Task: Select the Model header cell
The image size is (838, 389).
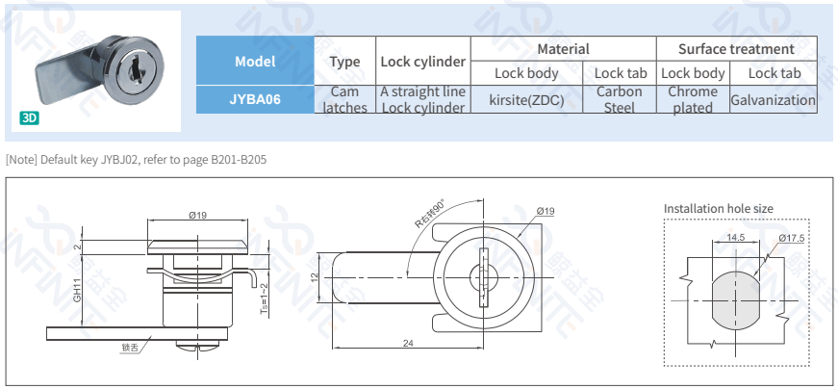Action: click(x=255, y=61)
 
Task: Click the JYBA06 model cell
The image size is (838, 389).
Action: click(x=255, y=98)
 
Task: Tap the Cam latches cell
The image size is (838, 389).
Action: click(x=344, y=99)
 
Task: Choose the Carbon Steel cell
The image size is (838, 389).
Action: click(x=619, y=99)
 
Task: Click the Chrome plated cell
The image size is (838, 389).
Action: click(x=693, y=99)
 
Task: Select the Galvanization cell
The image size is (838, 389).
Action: click(x=773, y=99)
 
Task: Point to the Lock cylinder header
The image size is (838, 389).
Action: click(x=422, y=61)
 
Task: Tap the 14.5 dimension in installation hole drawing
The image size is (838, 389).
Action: click(x=736, y=237)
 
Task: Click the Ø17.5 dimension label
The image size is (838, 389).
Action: click(x=790, y=238)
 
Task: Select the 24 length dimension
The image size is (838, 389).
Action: click(x=408, y=344)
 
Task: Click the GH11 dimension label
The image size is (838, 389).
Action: click(x=78, y=289)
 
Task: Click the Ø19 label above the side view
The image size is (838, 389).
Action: click(x=198, y=215)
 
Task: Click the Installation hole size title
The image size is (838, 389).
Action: click(x=718, y=209)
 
